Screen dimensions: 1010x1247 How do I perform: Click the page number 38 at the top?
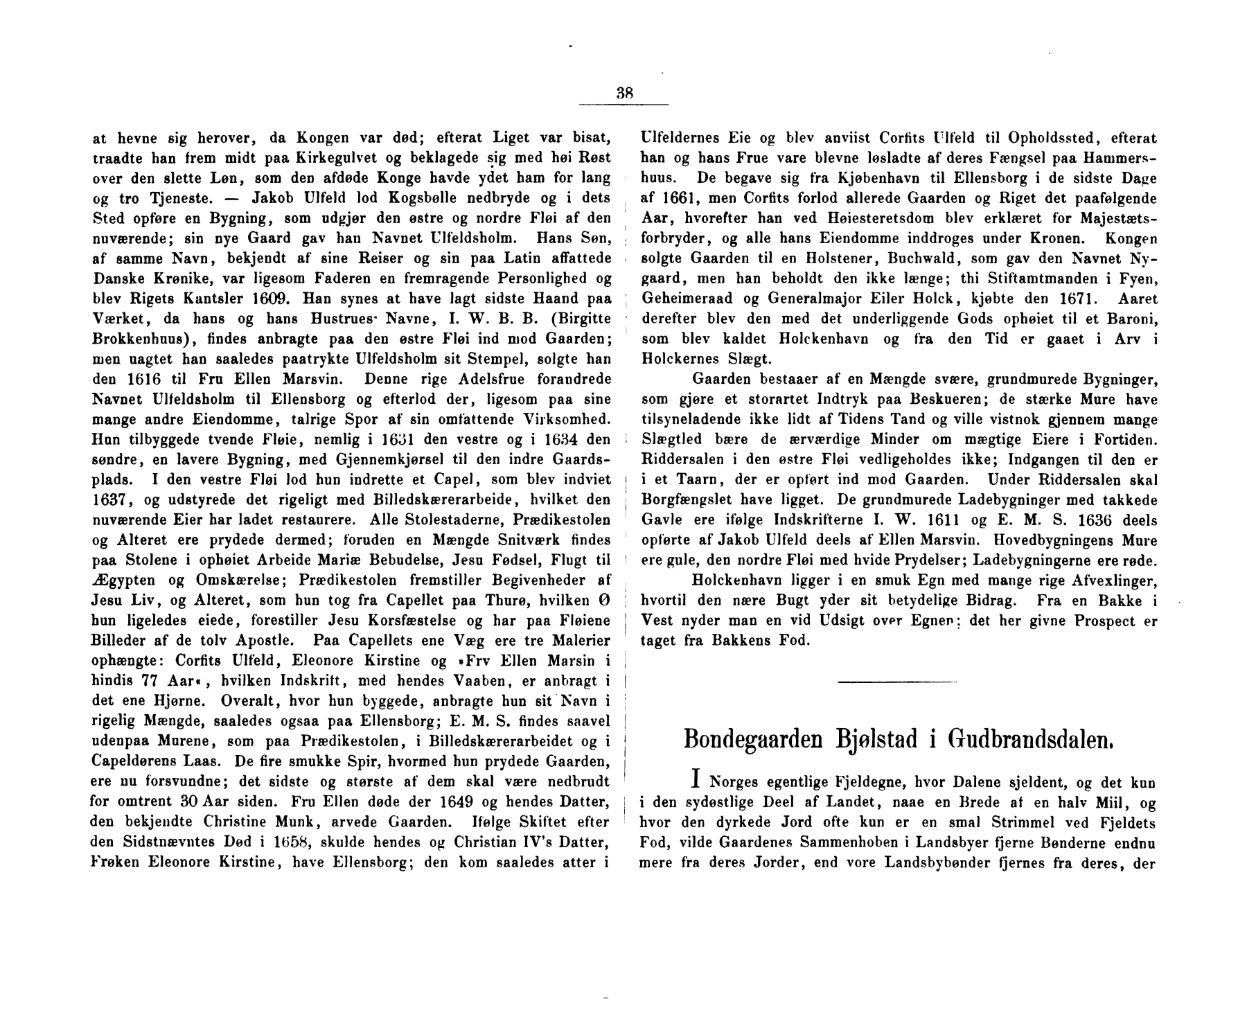pyautogui.click(x=624, y=94)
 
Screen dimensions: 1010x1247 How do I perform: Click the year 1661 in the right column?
pyautogui.click(x=679, y=198)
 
